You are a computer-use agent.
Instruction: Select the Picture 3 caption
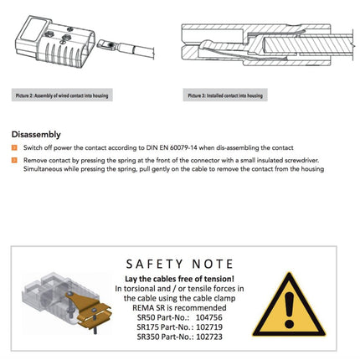coord(224,96)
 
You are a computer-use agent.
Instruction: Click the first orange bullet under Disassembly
coord(14,147)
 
